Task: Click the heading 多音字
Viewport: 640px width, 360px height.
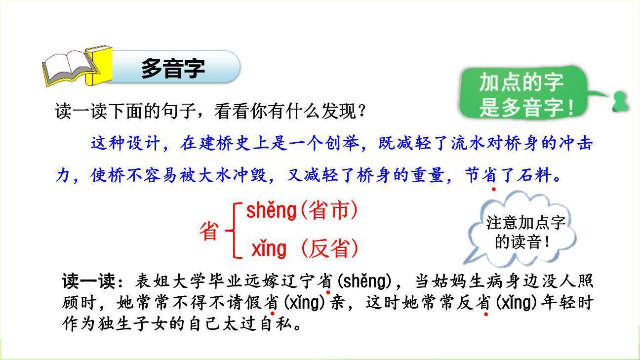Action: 173,68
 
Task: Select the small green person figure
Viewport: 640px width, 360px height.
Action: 620,101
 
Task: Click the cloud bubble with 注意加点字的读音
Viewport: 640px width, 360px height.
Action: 523,232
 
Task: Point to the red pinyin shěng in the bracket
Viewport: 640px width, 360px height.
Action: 271,211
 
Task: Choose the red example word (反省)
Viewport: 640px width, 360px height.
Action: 328,249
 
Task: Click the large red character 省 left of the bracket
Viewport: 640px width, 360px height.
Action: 209,231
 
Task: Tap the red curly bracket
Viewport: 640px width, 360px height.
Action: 235,230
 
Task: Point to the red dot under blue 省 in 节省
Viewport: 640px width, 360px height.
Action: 493,189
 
